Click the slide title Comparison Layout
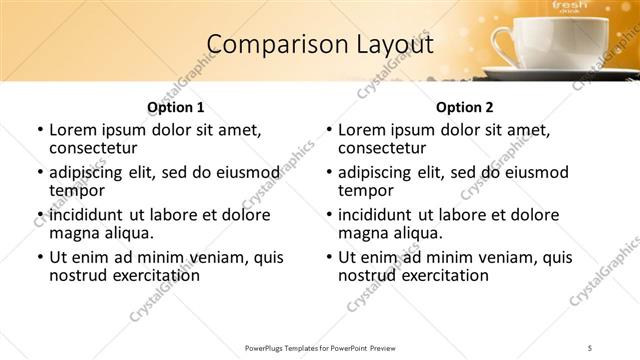click(x=319, y=45)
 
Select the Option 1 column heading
click(x=175, y=107)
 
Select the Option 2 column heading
click(x=464, y=107)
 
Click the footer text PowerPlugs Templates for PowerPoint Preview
click(x=319, y=347)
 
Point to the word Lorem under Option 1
click(x=71, y=130)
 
